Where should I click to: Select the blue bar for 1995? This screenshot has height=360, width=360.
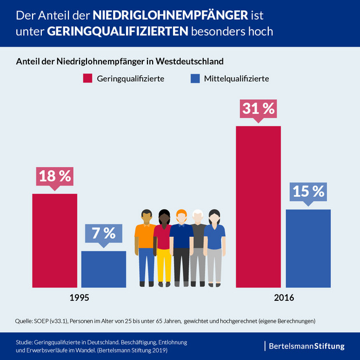click(103, 269)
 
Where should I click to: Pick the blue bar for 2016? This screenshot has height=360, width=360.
click(308, 248)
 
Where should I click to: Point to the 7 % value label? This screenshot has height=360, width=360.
click(103, 233)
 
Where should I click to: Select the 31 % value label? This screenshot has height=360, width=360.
click(258, 109)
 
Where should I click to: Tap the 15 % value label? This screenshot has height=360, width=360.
click(308, 191)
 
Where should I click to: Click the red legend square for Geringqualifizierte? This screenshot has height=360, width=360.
click(88, 78)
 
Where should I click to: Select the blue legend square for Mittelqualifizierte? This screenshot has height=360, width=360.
click(195, 78)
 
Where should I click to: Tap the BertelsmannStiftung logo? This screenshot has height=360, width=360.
click(306, 346)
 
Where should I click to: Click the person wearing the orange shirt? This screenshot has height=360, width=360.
click(145, 238)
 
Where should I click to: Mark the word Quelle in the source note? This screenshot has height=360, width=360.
click(24, 321)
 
